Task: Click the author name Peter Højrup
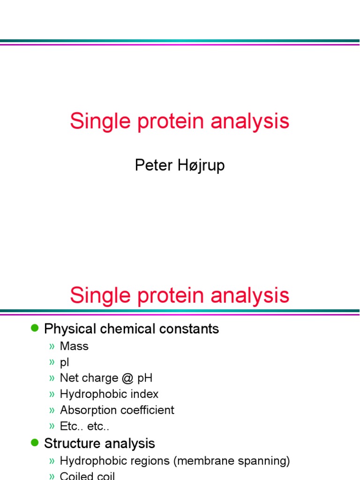tap(180, 165)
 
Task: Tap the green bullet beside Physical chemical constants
tap(34, 329)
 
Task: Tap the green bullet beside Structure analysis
tap(34, 442)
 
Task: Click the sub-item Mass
tap(74, 346)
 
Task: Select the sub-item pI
tap(65, 362)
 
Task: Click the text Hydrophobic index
tap(109, 394)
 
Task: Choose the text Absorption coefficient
tap(117, 410)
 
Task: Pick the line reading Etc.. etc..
tap(85, 426)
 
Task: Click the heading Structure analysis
tap(99, 443)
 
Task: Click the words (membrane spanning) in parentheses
tap(232, 461)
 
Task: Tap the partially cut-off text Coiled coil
tap(87, 476)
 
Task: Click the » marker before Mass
tap(52, 347)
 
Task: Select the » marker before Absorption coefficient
tap(52, 411)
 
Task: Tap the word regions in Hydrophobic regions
tap(151, 461)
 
